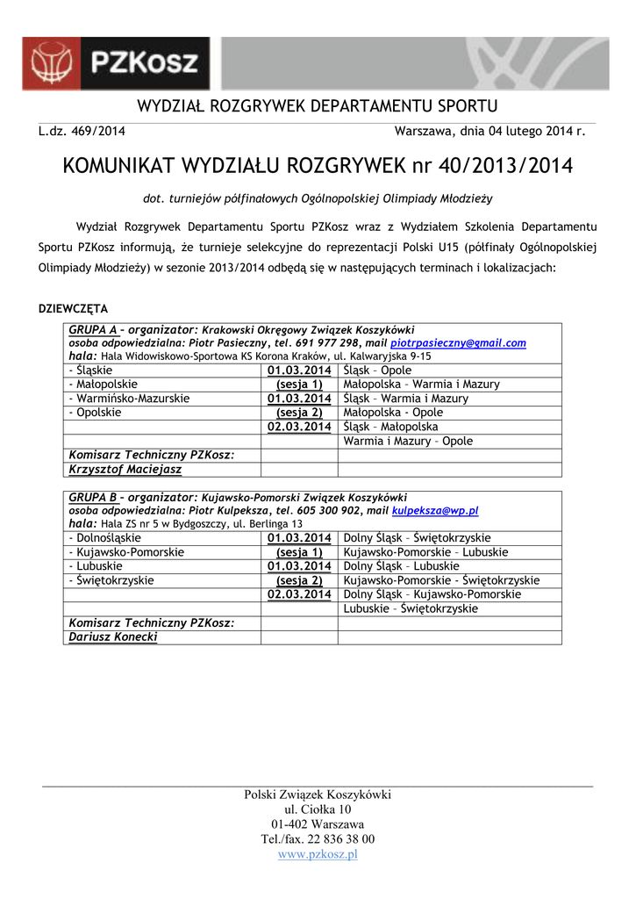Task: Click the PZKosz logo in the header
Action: (x=116, y=64)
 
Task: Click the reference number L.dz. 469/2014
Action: (x=82, y=132)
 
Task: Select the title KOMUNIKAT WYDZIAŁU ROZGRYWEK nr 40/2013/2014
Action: (x=318, y=166)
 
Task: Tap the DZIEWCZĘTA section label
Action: (x=73, y=309)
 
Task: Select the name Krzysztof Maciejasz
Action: (x=125, y=470)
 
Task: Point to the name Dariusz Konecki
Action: (x=113, y=636)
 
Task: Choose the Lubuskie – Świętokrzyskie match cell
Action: (x=411, y=608)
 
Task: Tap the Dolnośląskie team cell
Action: (x=106, y=537)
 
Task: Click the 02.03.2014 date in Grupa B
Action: (x=299, y=594)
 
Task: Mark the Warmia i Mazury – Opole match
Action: (x=408, y=441)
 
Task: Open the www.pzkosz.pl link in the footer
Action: (x=318, y=854)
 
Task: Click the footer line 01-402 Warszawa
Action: (x=318, y=824)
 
